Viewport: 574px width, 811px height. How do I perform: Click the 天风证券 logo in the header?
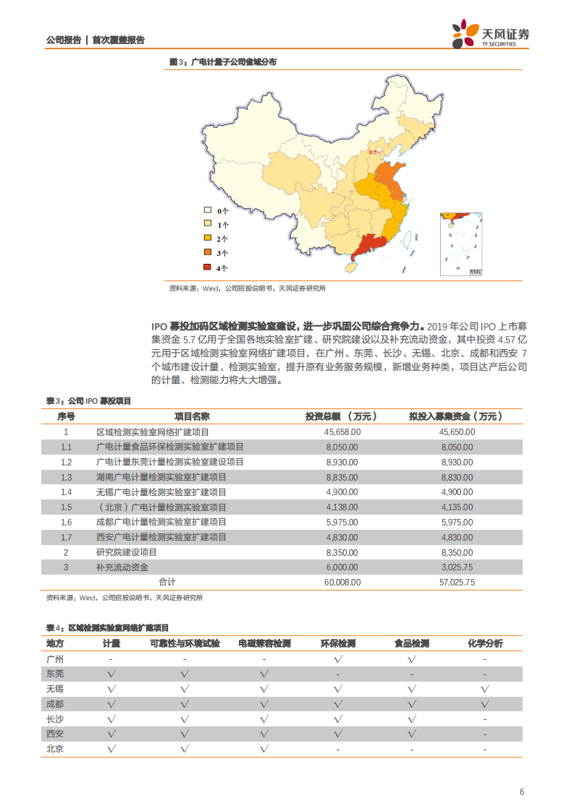click(x=491, y=35)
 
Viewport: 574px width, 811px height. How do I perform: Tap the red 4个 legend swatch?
click(x=207, y=267)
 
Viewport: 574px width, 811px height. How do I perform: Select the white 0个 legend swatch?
click(x=207, y=211)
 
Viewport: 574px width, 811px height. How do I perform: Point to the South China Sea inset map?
click(x=461, y=244)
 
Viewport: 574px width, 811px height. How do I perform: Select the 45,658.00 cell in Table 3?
click(x=342, y=432)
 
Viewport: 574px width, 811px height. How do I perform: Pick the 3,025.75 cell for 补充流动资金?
click(x=457, y=567)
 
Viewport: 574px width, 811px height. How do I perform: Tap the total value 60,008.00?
click(x=342, y=582)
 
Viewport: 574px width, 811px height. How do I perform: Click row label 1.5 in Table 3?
click(x=67, y=507)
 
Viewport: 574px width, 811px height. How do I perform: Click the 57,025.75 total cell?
click(x=457, y=582)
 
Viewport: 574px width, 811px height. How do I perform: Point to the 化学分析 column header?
click(x=485, y=643)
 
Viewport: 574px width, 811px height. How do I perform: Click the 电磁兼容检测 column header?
click(x=263, y=643)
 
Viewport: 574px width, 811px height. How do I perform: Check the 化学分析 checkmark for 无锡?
click(x=485, y=689)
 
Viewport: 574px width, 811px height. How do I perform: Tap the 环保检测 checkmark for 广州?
click(x=338, y=659)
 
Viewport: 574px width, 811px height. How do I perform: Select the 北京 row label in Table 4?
click(x=55, y=749)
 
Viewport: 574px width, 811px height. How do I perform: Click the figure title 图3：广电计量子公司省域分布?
click(x=222, y=62)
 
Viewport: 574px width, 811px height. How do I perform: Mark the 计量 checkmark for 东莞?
click(x=111, y=674)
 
